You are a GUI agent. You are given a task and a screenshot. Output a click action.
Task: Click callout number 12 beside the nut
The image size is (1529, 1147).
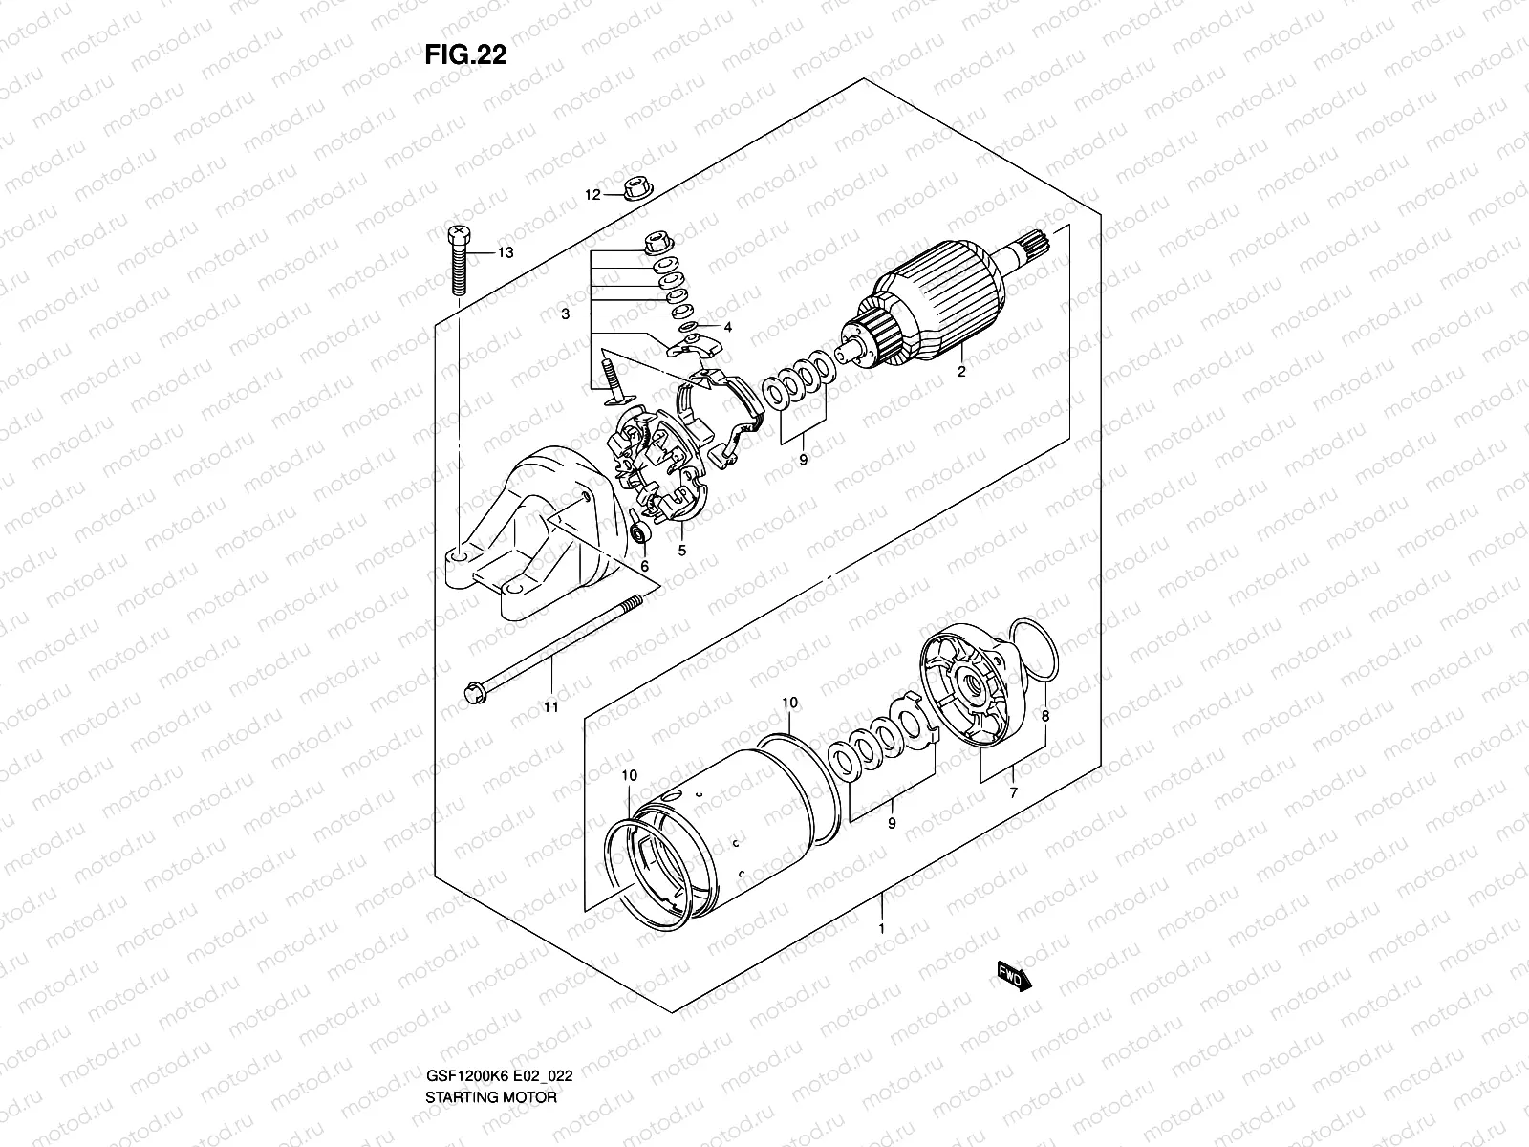click(592, 195)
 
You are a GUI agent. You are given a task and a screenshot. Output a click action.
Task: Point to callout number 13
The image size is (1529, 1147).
click(506, 252)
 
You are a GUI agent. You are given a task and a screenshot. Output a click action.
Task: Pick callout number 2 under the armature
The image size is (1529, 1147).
click(961, 373)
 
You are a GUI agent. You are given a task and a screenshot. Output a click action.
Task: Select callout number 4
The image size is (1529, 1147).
click(727, 328)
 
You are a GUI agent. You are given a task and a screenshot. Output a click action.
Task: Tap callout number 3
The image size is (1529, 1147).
click(567, 314)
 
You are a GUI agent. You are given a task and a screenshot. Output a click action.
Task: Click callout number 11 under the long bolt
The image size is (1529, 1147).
click(550, 707)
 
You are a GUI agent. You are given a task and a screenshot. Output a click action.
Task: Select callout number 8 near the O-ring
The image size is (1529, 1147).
click(1045, 715)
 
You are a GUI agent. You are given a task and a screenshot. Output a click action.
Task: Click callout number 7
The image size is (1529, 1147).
click(1014, 793)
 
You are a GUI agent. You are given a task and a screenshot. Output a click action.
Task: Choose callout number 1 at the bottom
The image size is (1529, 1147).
click(882, 928)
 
